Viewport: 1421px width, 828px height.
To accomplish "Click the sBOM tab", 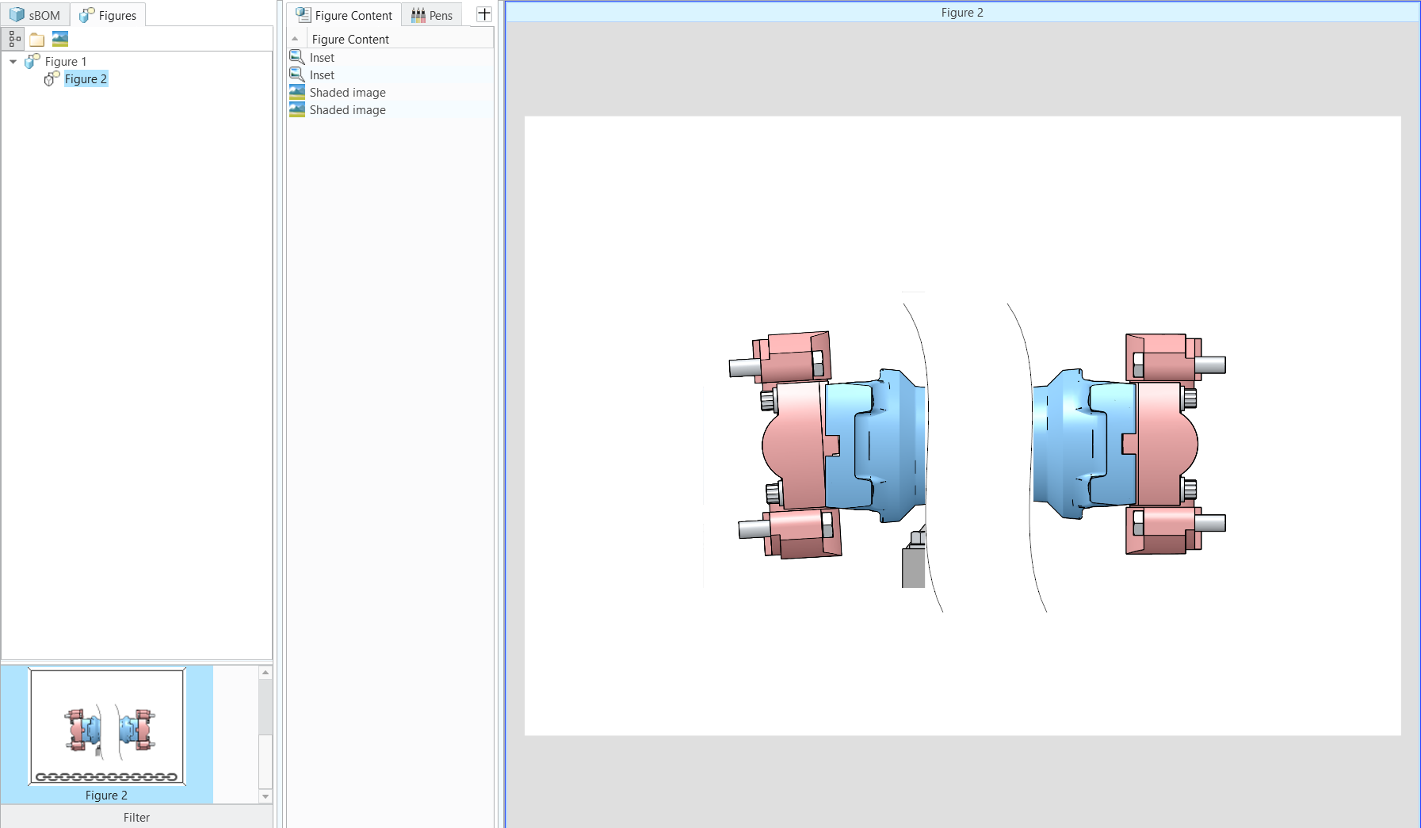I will [35, 15].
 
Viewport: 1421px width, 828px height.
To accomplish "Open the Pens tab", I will [432, 15].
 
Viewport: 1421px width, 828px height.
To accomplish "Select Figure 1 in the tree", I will [66, 61].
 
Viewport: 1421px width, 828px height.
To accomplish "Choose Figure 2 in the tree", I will [86, 78].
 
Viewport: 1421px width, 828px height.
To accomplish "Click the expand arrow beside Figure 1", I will [13, 61].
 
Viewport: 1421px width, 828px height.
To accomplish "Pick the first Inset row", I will [322, 57].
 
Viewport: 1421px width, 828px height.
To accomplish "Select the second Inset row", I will [322, 74].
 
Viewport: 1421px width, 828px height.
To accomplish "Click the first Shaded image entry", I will [347, 92].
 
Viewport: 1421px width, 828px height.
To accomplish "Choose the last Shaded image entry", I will [347, 109].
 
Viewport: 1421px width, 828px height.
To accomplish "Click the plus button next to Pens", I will [483, 14].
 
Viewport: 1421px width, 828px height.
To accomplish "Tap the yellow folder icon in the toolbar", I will [36, 39].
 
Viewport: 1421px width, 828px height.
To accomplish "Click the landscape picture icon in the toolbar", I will [59, 39].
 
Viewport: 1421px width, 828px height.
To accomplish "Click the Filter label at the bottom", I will [136, 817].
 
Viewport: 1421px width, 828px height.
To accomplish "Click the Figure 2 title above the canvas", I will [961, 12].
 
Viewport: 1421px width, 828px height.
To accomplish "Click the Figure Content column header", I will [350, 39].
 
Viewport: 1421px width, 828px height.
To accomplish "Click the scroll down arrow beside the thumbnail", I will [265, 796].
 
